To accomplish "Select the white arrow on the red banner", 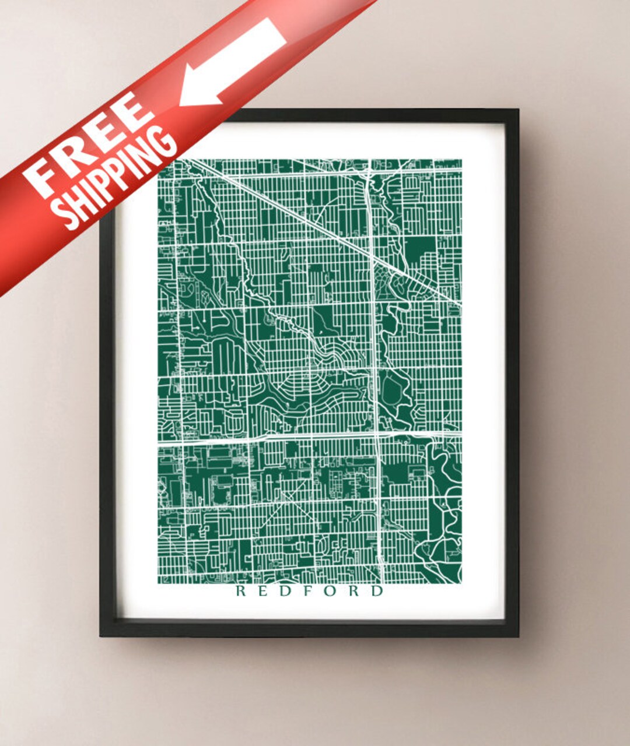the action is pos(233,61).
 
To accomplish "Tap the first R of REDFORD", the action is pos(240,591).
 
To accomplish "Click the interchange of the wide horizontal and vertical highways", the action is pos(376,435).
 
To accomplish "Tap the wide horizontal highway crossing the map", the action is pos(262,438).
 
